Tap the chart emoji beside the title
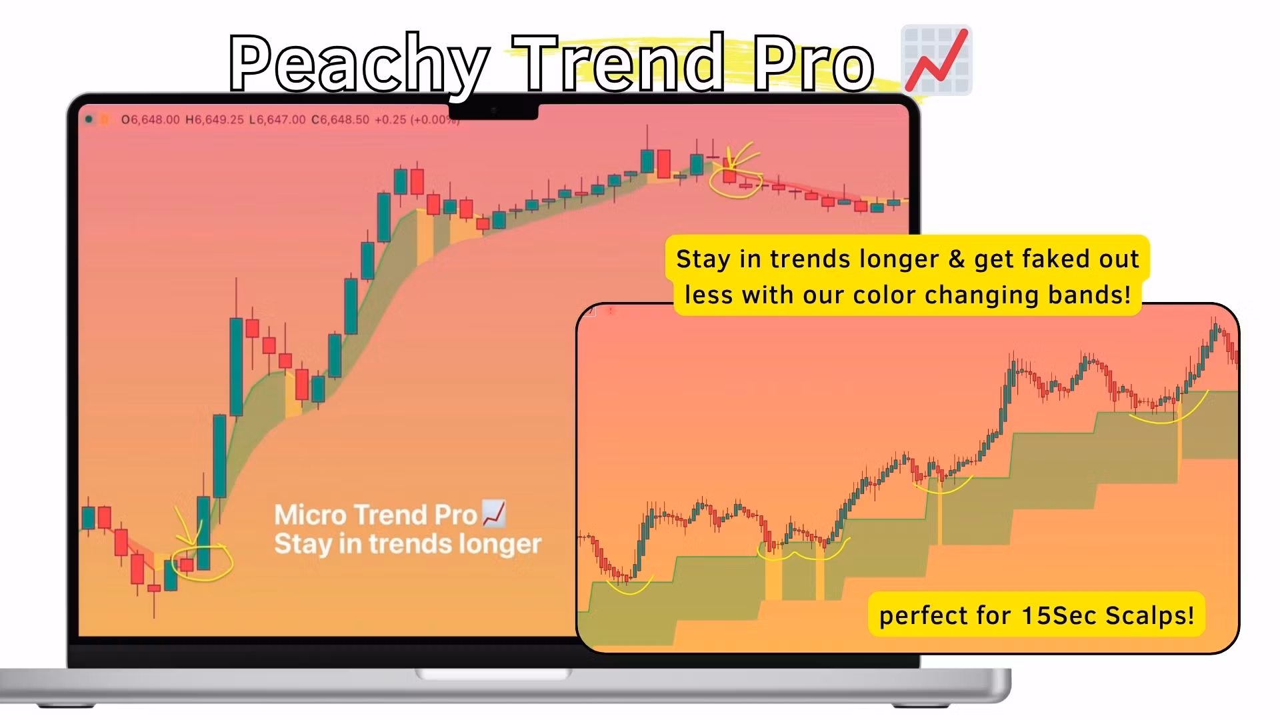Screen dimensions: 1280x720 point(936,60)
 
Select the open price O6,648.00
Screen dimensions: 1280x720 point(150,120)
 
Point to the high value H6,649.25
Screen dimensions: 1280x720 point(214,120)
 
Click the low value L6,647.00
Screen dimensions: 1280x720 point(277,120)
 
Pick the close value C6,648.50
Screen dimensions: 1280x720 point(340,120)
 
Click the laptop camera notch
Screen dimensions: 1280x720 point(493,111)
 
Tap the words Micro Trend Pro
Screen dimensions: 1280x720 point(375,515)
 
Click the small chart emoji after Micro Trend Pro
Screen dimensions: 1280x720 point(493,513)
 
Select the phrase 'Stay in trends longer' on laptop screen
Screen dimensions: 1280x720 point(407,544)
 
